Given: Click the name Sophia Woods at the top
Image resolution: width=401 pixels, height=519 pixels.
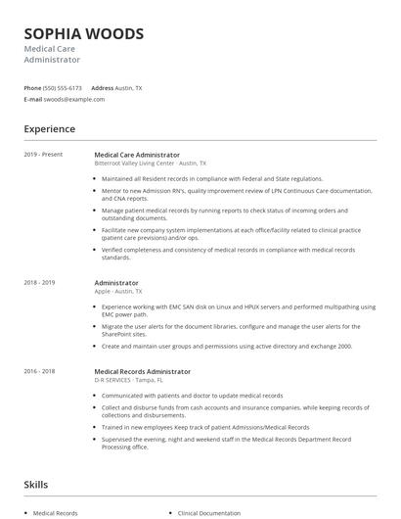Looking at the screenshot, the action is (x=83, y=33).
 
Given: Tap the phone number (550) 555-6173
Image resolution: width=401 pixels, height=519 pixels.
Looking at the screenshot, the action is (x=64, y=87).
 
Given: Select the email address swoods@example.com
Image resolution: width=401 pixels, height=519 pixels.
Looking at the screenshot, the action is (x=73, y=99).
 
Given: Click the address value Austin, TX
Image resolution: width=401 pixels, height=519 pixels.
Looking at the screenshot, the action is (x=129, y=87).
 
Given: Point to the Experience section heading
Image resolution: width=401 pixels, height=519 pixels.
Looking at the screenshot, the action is (x=49, y=129).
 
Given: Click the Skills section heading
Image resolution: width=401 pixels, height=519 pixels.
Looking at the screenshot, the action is (x=35, y=484).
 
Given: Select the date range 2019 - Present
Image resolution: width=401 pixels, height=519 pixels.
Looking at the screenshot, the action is (x=43, y=155).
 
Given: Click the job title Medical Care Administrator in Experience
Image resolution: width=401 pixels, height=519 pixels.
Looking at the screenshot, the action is (x=137, y=155).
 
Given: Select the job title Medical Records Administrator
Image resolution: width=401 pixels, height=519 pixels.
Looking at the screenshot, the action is (x=142, y=371).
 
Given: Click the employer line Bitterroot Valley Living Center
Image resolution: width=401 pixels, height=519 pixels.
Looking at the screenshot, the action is (x=150, y=164).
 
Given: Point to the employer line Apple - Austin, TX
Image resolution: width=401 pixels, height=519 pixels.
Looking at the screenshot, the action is (x=118, y=291).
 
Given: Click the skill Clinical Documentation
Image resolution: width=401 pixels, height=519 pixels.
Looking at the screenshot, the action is (x=208, y=512).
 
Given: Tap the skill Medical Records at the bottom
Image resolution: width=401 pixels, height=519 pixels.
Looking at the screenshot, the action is (x=55, y=512).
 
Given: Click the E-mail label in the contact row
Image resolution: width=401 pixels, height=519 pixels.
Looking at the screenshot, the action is (x=33, y=99).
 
